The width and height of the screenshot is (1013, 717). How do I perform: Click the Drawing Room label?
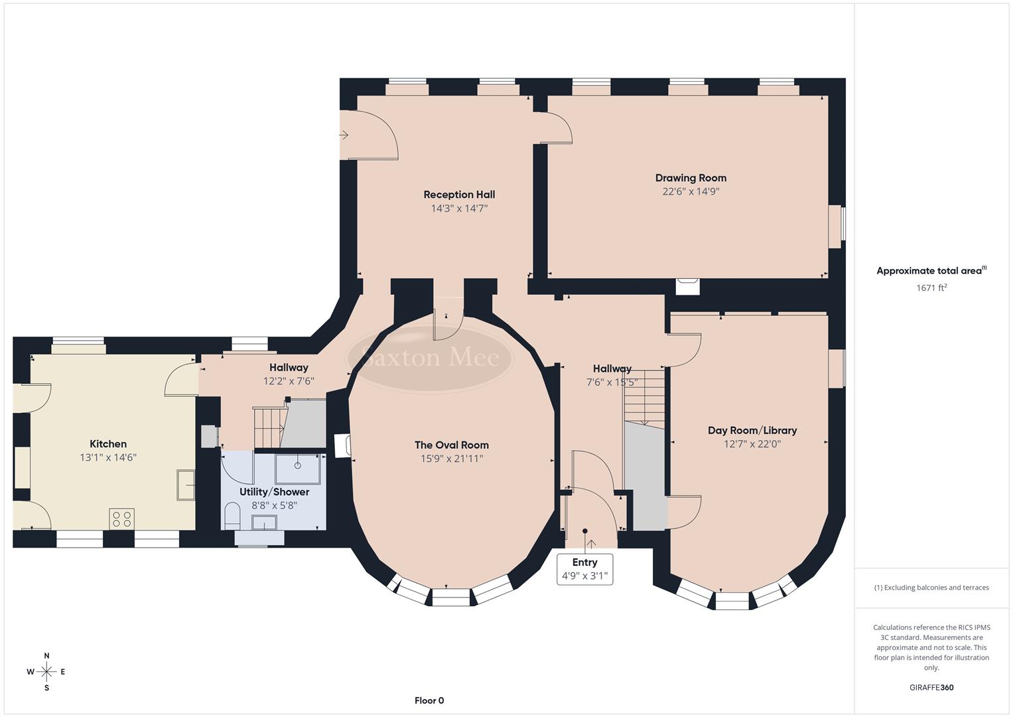coord(691,178)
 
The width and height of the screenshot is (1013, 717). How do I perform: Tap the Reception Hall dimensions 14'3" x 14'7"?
coord(459,208)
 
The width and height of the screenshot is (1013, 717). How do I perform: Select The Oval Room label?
coord(451,445)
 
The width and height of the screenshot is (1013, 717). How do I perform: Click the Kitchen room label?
coord(108,444)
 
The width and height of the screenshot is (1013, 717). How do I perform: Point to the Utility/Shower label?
coord(274,492)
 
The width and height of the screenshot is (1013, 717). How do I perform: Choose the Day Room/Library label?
coord(752,430)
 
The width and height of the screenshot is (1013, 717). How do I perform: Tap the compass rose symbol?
coord(46,672)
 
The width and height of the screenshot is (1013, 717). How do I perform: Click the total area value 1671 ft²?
coord(931,287)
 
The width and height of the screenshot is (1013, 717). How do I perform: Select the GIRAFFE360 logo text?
coord(931,688)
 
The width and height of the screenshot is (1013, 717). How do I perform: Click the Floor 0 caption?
coord(429,700)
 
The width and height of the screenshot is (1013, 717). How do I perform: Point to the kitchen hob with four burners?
coord(121,518)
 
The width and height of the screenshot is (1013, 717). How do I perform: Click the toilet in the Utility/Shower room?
coord(232,516)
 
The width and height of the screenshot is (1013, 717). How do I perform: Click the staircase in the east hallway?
coord(643,396)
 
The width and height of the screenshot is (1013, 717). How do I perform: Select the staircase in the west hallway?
coord(269,428)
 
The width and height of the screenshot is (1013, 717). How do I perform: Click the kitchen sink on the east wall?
coord(186,485)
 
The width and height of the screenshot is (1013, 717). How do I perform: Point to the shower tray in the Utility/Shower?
coord(297,469)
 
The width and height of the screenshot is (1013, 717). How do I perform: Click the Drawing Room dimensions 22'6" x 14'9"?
coord(691,192)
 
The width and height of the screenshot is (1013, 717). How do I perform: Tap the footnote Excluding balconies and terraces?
coord(931,588)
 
